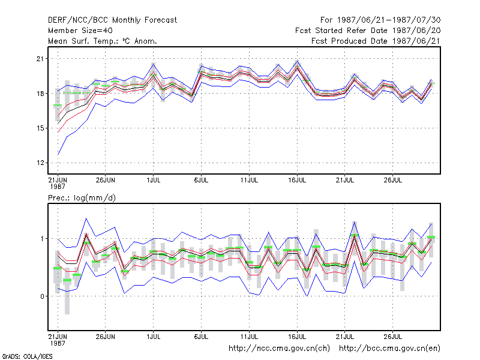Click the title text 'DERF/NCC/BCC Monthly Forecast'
[112, 20]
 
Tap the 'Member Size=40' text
[80, 31]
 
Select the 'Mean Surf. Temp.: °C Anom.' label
[103, 41]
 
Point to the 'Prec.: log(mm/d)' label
[82, 198]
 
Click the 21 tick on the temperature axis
[40, 58]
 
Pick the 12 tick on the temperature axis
[40, 163]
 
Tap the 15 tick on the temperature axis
[40, 128]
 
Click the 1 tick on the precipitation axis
[42, 238]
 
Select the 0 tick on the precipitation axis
[42, 296]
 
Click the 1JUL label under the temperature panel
[154, 180]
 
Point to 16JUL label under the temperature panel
[297, 180]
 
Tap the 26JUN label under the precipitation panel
[106, 337]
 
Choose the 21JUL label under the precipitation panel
[344, 337]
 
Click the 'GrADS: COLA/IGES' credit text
[27, 356]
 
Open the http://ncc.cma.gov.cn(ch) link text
[279, 349]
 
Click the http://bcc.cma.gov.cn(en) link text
[389, 349]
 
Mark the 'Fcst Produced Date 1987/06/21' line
[376, 41]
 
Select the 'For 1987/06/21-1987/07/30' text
[380, 20]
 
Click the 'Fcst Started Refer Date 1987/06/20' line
[368, 31]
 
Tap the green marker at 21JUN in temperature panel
[58, 106]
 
